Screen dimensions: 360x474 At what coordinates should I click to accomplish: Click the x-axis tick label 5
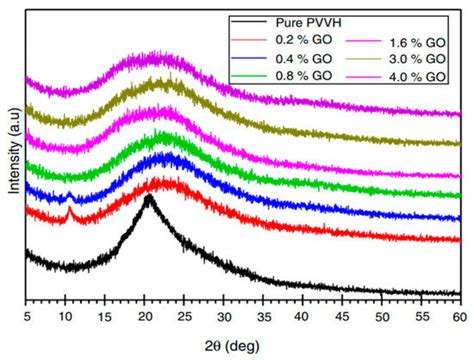pos(28,315)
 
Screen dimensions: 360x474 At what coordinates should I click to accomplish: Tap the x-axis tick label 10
pos(66,315)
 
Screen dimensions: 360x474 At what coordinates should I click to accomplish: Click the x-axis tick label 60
pos(459,315)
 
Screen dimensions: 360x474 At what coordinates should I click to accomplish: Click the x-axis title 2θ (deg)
pos(241,343)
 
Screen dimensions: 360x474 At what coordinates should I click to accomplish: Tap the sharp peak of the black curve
pos(149,198)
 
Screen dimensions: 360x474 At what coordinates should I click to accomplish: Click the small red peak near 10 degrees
pos(70,209)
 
